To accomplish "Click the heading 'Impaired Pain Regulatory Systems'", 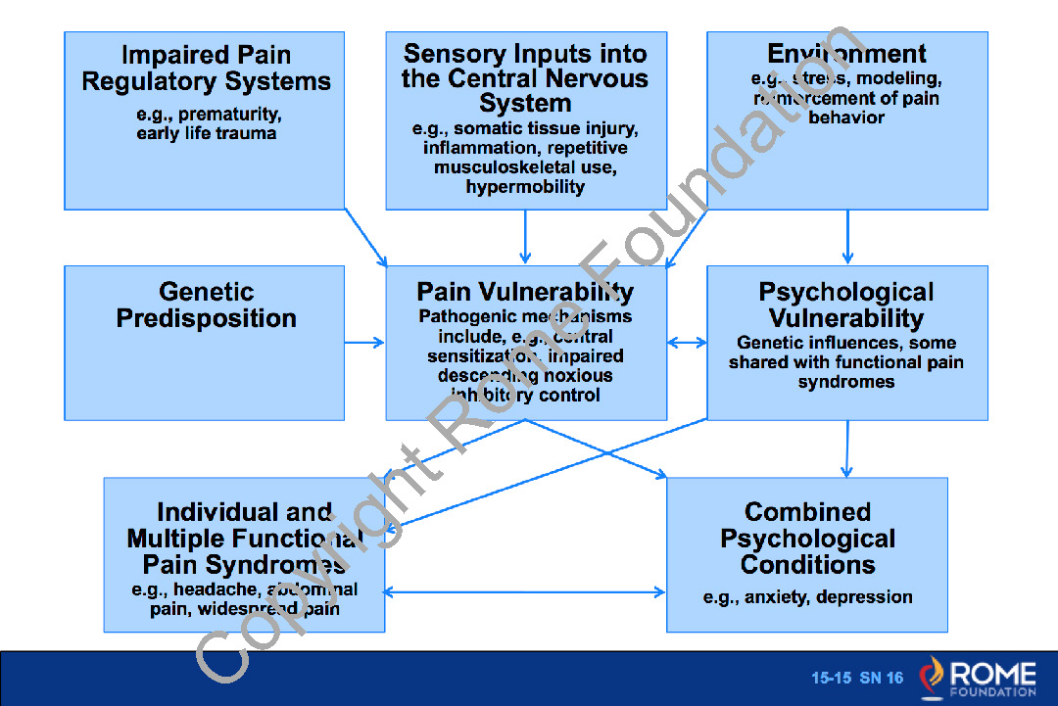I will coord(206,69).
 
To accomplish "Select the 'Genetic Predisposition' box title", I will coord(206,305).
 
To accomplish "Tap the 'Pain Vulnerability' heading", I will coord(525,292).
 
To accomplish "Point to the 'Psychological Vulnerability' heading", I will coord(846,305).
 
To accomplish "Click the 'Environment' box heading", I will coord(846,53).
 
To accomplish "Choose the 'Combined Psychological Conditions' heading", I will coord(807,538).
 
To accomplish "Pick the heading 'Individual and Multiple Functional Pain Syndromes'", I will coord(244,538).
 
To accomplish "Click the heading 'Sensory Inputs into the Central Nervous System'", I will coord(525,78).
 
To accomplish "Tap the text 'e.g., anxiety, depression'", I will coord(807,597).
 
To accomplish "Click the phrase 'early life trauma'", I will coord(206,133).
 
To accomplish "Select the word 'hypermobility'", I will coord(525,186).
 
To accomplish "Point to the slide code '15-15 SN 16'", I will coord(856,678).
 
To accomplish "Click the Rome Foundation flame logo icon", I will coord(932,678).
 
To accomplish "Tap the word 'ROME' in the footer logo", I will coord(991,673).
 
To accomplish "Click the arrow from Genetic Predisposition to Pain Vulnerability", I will coord(364,343).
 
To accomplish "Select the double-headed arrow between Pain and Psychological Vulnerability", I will coord(687,343).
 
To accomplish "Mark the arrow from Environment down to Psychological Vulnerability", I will coord(846,237).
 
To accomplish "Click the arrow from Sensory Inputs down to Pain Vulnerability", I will coord(525,237).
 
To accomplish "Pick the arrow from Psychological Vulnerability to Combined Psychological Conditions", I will coord(846,448).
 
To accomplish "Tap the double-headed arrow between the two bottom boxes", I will coord(525,592).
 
